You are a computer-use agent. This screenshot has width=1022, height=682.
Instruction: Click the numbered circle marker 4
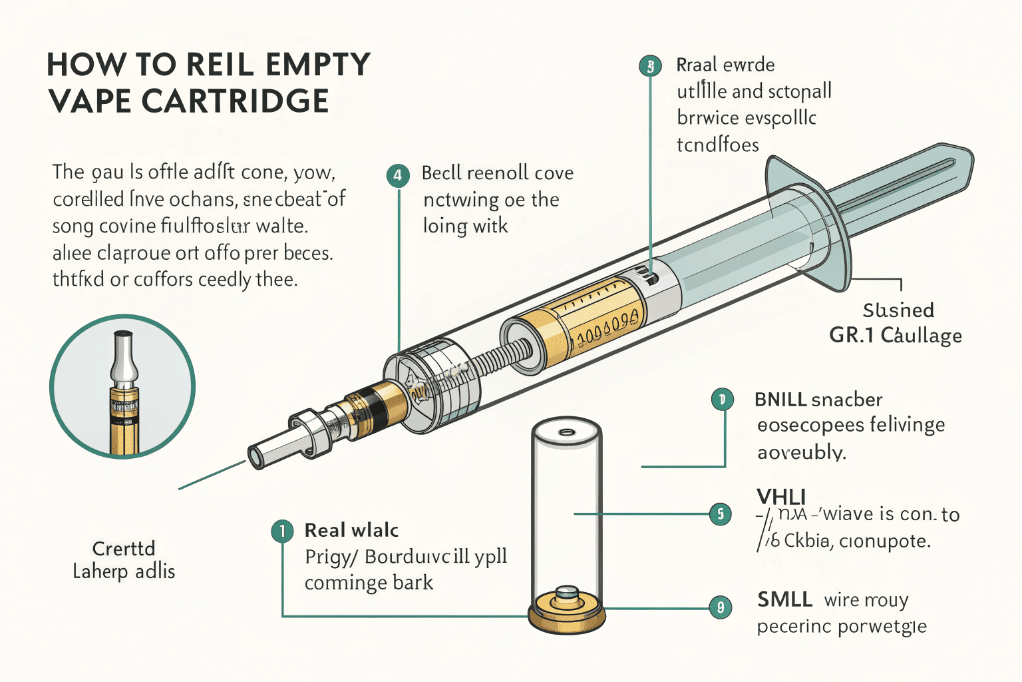397,175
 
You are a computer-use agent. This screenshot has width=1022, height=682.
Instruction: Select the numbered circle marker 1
282,531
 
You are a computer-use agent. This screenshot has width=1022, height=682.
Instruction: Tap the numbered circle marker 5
720,514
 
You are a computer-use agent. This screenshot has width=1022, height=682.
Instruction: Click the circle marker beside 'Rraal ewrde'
650,66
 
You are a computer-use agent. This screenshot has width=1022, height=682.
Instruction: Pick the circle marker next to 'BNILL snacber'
722,400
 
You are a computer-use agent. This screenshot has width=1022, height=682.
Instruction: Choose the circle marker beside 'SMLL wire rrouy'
720,607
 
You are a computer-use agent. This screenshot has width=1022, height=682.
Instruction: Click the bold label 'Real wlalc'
351,530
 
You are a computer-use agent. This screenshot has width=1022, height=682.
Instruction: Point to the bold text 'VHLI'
781,497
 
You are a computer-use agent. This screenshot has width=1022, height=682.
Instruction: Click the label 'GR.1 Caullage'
895,335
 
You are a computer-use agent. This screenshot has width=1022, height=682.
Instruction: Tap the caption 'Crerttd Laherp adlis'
124,559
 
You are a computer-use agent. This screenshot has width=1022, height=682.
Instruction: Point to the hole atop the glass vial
567,432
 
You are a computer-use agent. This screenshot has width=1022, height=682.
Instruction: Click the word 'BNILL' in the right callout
780,400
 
